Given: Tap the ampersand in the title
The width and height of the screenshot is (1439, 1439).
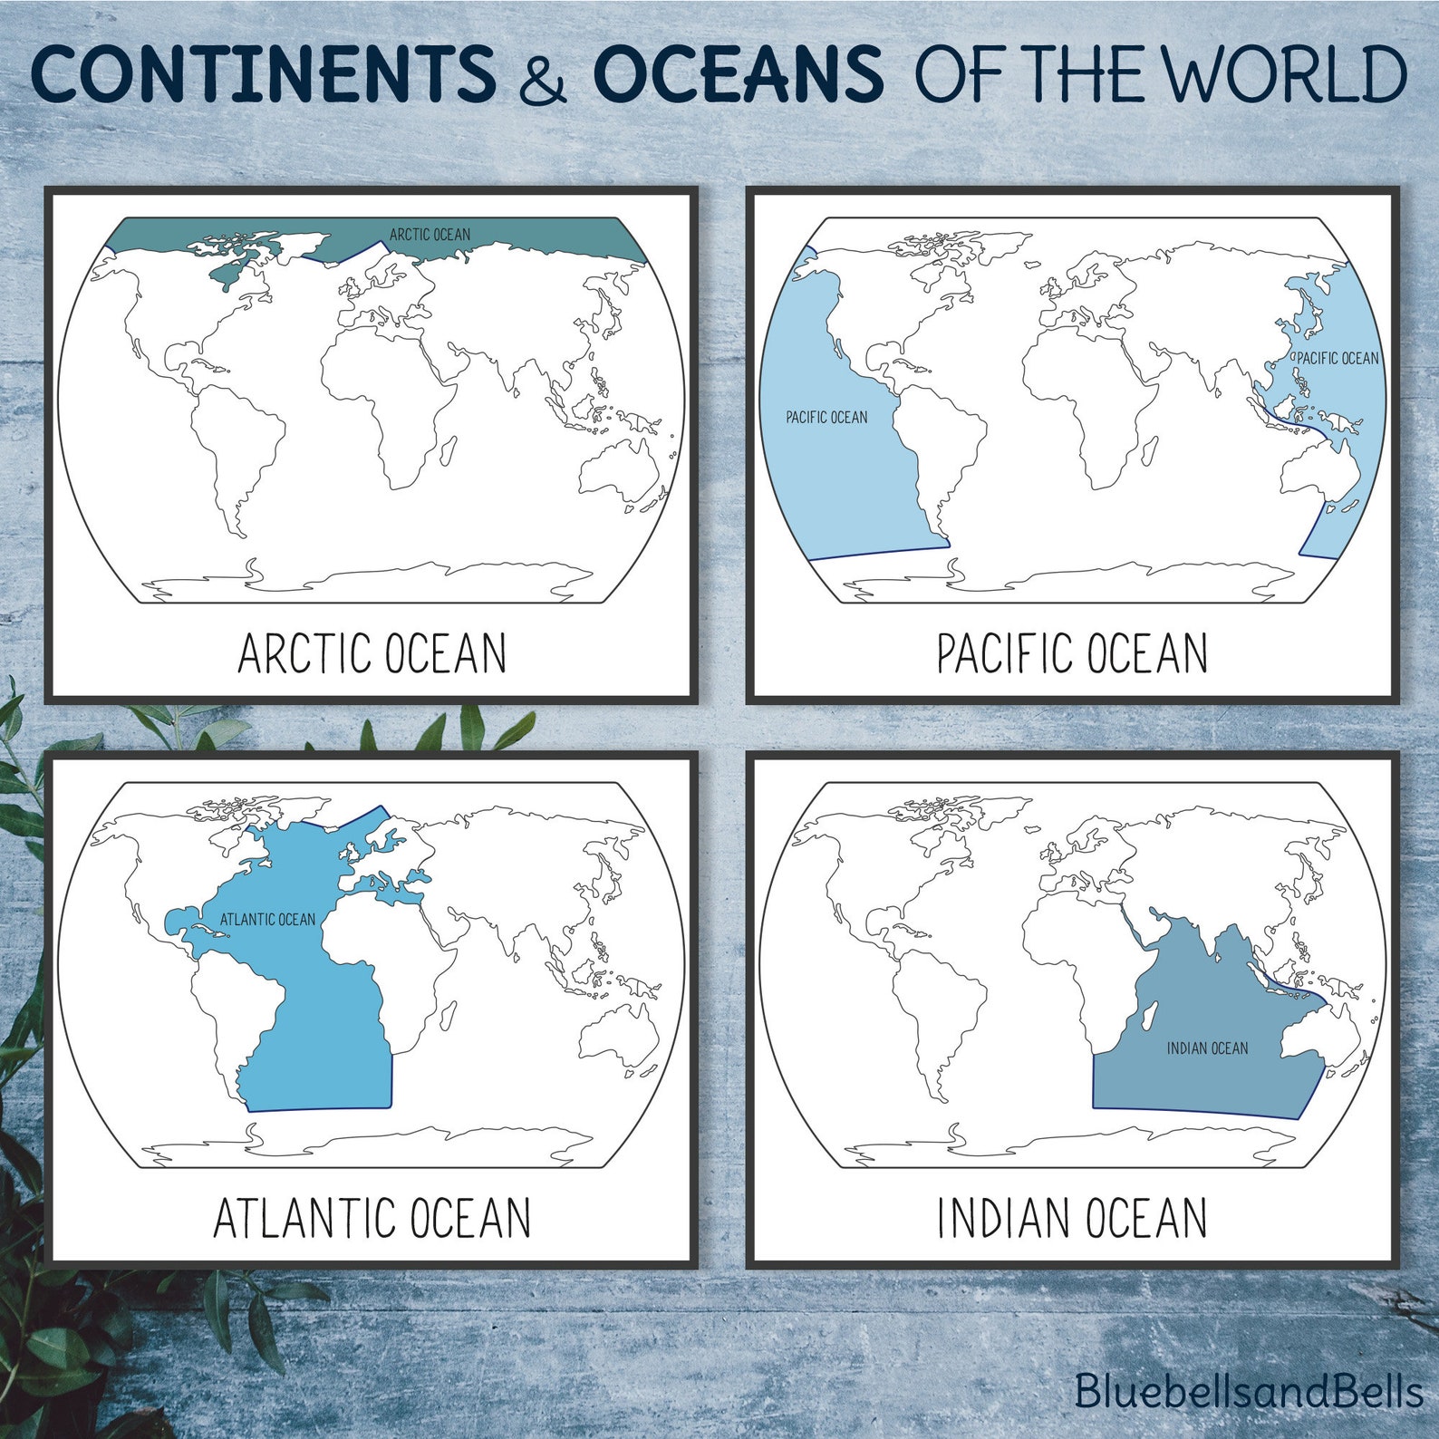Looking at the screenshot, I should pos(543,76).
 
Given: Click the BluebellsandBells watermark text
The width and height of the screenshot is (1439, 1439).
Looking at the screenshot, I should pos(1249,1391).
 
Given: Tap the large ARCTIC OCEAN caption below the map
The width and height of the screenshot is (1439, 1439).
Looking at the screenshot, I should pos(372,653).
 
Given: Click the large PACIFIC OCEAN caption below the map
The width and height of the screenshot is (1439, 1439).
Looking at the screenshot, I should pos(1072,653).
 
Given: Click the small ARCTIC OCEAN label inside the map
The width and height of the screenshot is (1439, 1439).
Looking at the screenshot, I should pos(430,235).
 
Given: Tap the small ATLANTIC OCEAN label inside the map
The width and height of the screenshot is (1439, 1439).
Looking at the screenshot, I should pos(267,920).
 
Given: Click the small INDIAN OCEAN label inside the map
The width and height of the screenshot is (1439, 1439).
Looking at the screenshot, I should pos(1207,1048).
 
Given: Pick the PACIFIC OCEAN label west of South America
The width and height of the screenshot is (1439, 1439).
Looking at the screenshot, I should pos(826,418).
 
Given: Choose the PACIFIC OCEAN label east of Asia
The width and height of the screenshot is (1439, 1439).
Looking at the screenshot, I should pos(1338,359).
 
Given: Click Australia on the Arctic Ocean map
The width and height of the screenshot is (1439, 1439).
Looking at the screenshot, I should pos(620,471).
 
